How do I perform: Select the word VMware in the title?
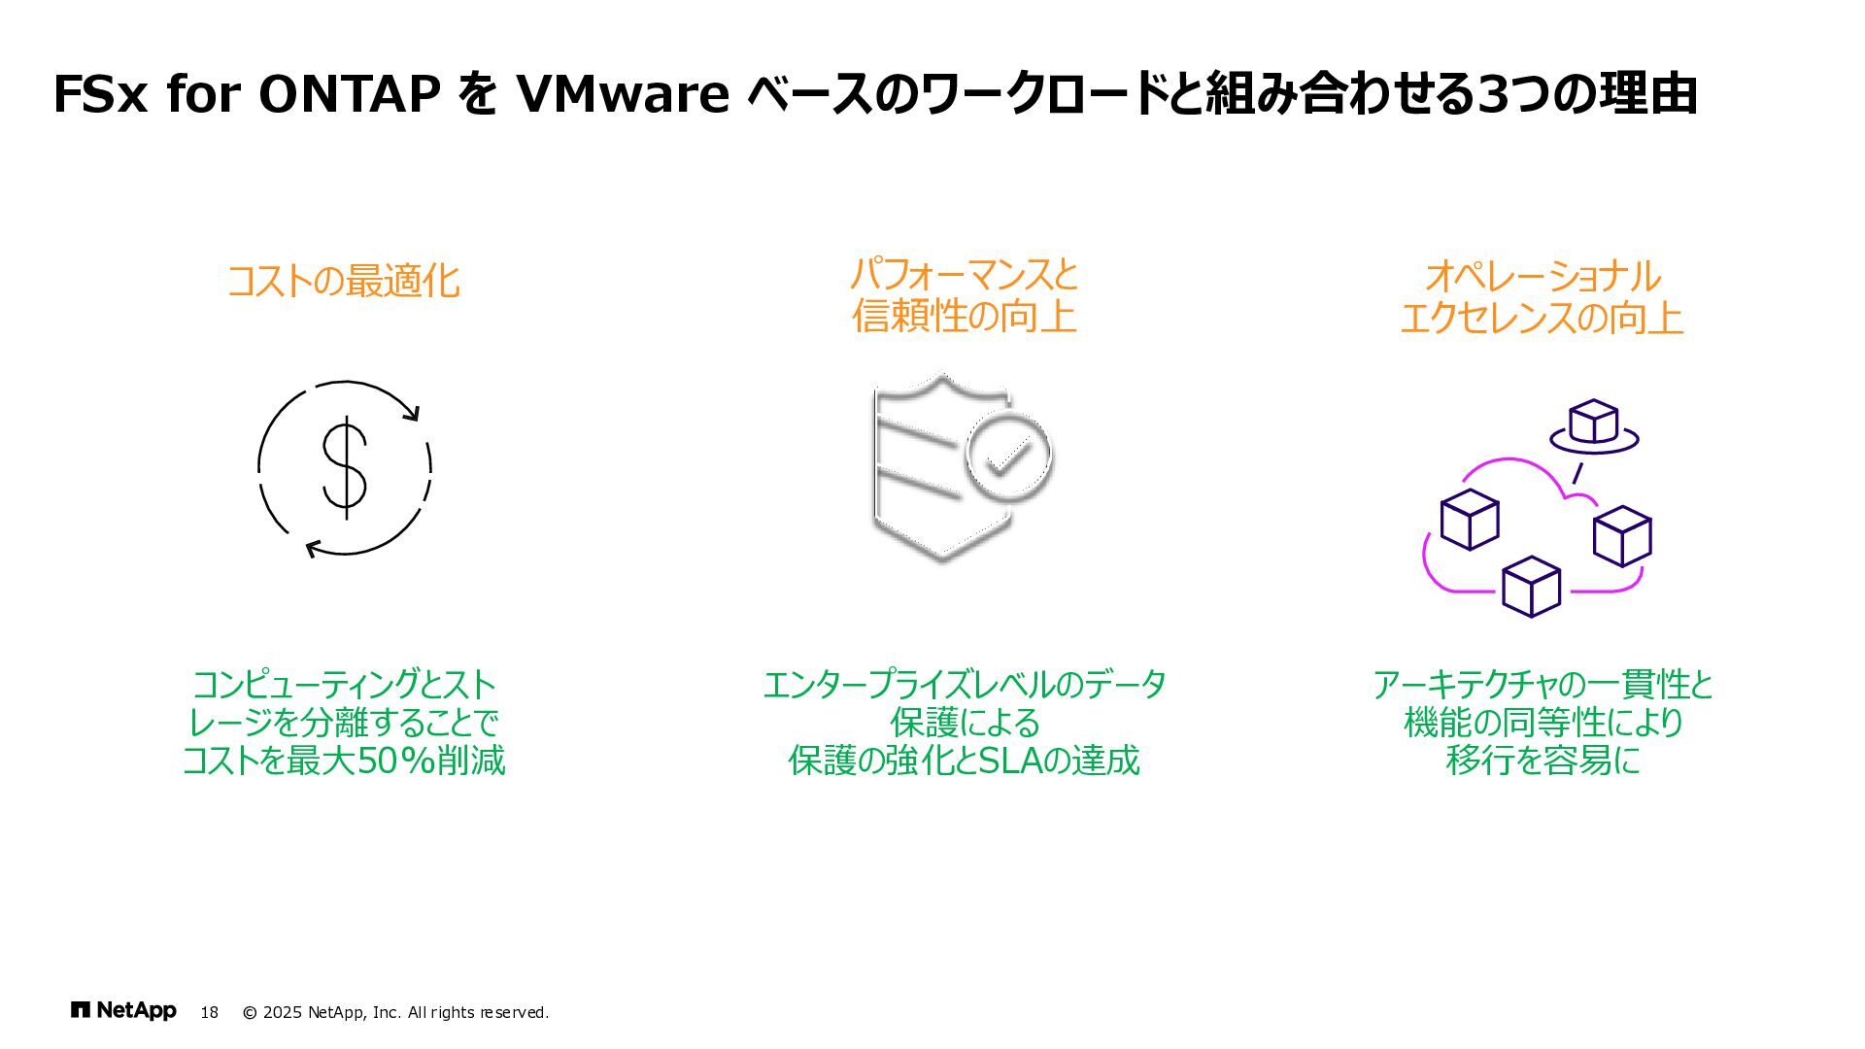(x=623, y=94)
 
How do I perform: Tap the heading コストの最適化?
(x=343, y=281)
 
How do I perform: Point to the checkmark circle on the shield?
(x=1009, y=456)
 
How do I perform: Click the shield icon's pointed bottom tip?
(x=941, y=558)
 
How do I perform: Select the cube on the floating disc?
(x=1593, y=421)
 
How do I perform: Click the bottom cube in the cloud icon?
(x=1531, y=587)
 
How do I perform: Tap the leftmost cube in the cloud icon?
(x=1469, y=520)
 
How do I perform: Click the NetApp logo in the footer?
(x=123, y=1011)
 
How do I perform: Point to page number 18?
(x=209, y=1013)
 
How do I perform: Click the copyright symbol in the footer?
(x=250, y=1013)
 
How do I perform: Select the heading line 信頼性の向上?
(x=964, y=317)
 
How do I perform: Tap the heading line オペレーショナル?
(x=1542, y=277)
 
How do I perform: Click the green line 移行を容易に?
(x=1542, y=761)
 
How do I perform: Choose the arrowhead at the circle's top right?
(x=412, y=413)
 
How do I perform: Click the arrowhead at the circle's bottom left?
(x=313, y=550)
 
